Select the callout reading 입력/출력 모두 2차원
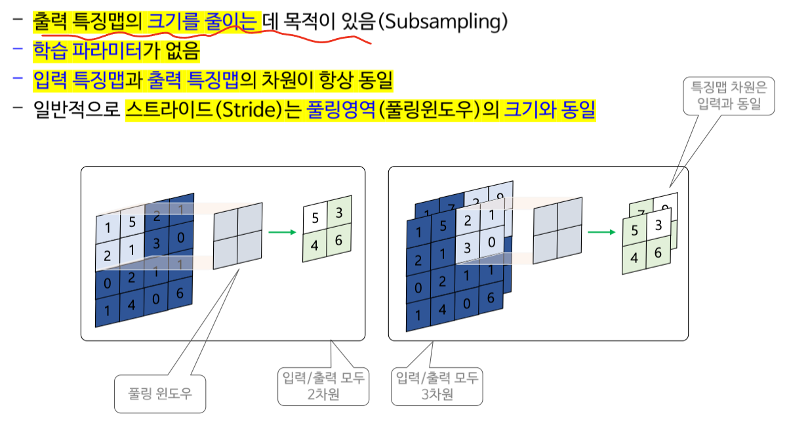pos(322,386)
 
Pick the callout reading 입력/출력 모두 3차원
pos(437,386)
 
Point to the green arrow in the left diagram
pos(281,231)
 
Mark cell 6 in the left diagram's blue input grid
pos(180,293)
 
